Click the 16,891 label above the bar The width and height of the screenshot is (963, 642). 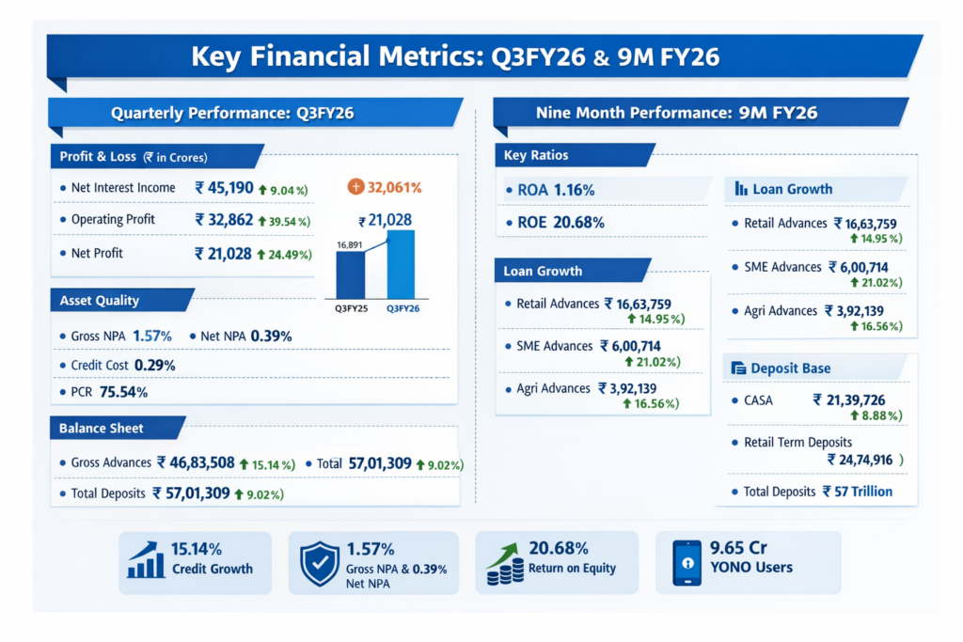click(x=349, y=244)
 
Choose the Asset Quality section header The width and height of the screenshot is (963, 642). click(x=100, y=301)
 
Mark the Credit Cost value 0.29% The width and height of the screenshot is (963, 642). click(x=155, y=365)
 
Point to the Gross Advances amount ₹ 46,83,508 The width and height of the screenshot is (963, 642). click(x=196, y=462)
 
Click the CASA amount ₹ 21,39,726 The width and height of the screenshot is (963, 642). click(x=847, y=400)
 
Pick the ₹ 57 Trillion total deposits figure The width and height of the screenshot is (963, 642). click(x=857, y=491)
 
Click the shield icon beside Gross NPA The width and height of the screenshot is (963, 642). click(x=319, y=562)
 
